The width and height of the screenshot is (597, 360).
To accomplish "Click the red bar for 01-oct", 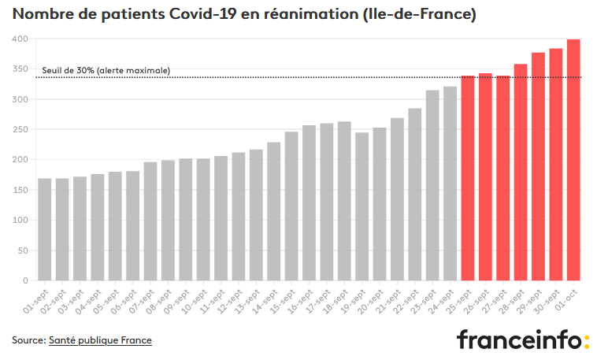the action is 573,160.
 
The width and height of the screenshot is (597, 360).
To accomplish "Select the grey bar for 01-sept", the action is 45,230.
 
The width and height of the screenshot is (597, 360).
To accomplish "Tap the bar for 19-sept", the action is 362,206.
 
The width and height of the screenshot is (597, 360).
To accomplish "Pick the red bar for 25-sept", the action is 468,178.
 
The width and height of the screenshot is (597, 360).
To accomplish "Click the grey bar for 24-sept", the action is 450,184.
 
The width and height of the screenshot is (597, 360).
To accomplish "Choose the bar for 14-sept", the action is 274,211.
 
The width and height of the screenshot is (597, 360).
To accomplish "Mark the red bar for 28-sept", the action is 521,173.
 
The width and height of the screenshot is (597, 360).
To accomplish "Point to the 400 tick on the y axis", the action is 20,39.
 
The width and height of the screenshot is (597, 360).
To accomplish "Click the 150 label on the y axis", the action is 20,190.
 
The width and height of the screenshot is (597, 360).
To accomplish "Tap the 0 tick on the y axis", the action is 25,280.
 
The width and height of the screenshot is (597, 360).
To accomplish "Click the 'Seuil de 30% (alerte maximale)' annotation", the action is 106,70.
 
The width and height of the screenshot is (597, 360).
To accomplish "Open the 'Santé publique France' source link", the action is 100,340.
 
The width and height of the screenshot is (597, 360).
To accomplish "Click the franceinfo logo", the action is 523,339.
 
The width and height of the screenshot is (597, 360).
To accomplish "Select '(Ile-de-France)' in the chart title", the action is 419,14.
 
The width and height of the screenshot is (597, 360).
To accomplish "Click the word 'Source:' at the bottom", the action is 29,340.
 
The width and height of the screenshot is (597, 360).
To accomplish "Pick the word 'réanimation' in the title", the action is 311,14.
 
